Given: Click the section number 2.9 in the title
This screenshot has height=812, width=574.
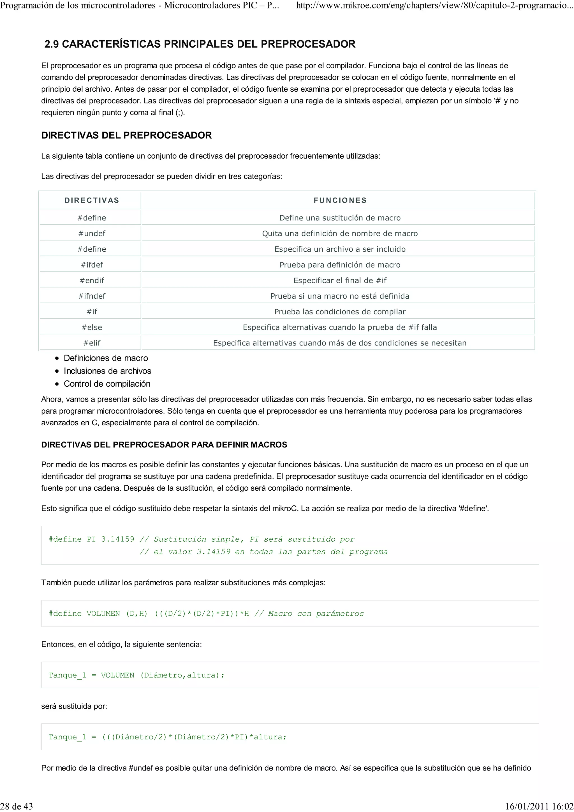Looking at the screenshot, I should (x=52, y=44).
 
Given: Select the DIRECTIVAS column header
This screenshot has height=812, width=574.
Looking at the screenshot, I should (x=92, y=201).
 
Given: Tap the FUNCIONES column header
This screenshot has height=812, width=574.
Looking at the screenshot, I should (x=340, y=201).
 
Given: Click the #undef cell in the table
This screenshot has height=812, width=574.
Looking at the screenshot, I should (x=92, y=233).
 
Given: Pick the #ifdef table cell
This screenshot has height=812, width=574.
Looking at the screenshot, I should (x=92, y=265).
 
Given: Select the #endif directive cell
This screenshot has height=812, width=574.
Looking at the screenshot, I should (x=92, y=280).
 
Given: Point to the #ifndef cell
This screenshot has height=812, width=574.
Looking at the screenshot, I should (x=92, y=296).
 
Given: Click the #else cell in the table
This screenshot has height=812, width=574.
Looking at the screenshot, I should (x=92, y=328).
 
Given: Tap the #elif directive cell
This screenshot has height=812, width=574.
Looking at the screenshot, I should (x=92, y=343).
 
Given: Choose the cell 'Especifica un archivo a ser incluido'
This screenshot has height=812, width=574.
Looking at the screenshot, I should (x=340, y=249).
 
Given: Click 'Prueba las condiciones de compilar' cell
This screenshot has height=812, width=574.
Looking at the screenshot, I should (x=340, y=312).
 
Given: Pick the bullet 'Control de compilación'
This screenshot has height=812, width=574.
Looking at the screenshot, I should (x=107, y=384).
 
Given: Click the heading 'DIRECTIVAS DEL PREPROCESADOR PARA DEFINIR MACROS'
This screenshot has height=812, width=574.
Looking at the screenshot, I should (x=164, y=445).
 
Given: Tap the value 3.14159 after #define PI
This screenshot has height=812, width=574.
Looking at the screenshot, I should (x=117, y=539).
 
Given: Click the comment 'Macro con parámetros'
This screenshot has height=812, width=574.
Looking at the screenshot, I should (x=316, y=614).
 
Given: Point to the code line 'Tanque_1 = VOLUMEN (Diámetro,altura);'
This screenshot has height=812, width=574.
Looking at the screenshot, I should (x=136, y=675).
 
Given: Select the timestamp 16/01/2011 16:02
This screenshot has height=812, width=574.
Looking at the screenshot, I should (x=539, y=806).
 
